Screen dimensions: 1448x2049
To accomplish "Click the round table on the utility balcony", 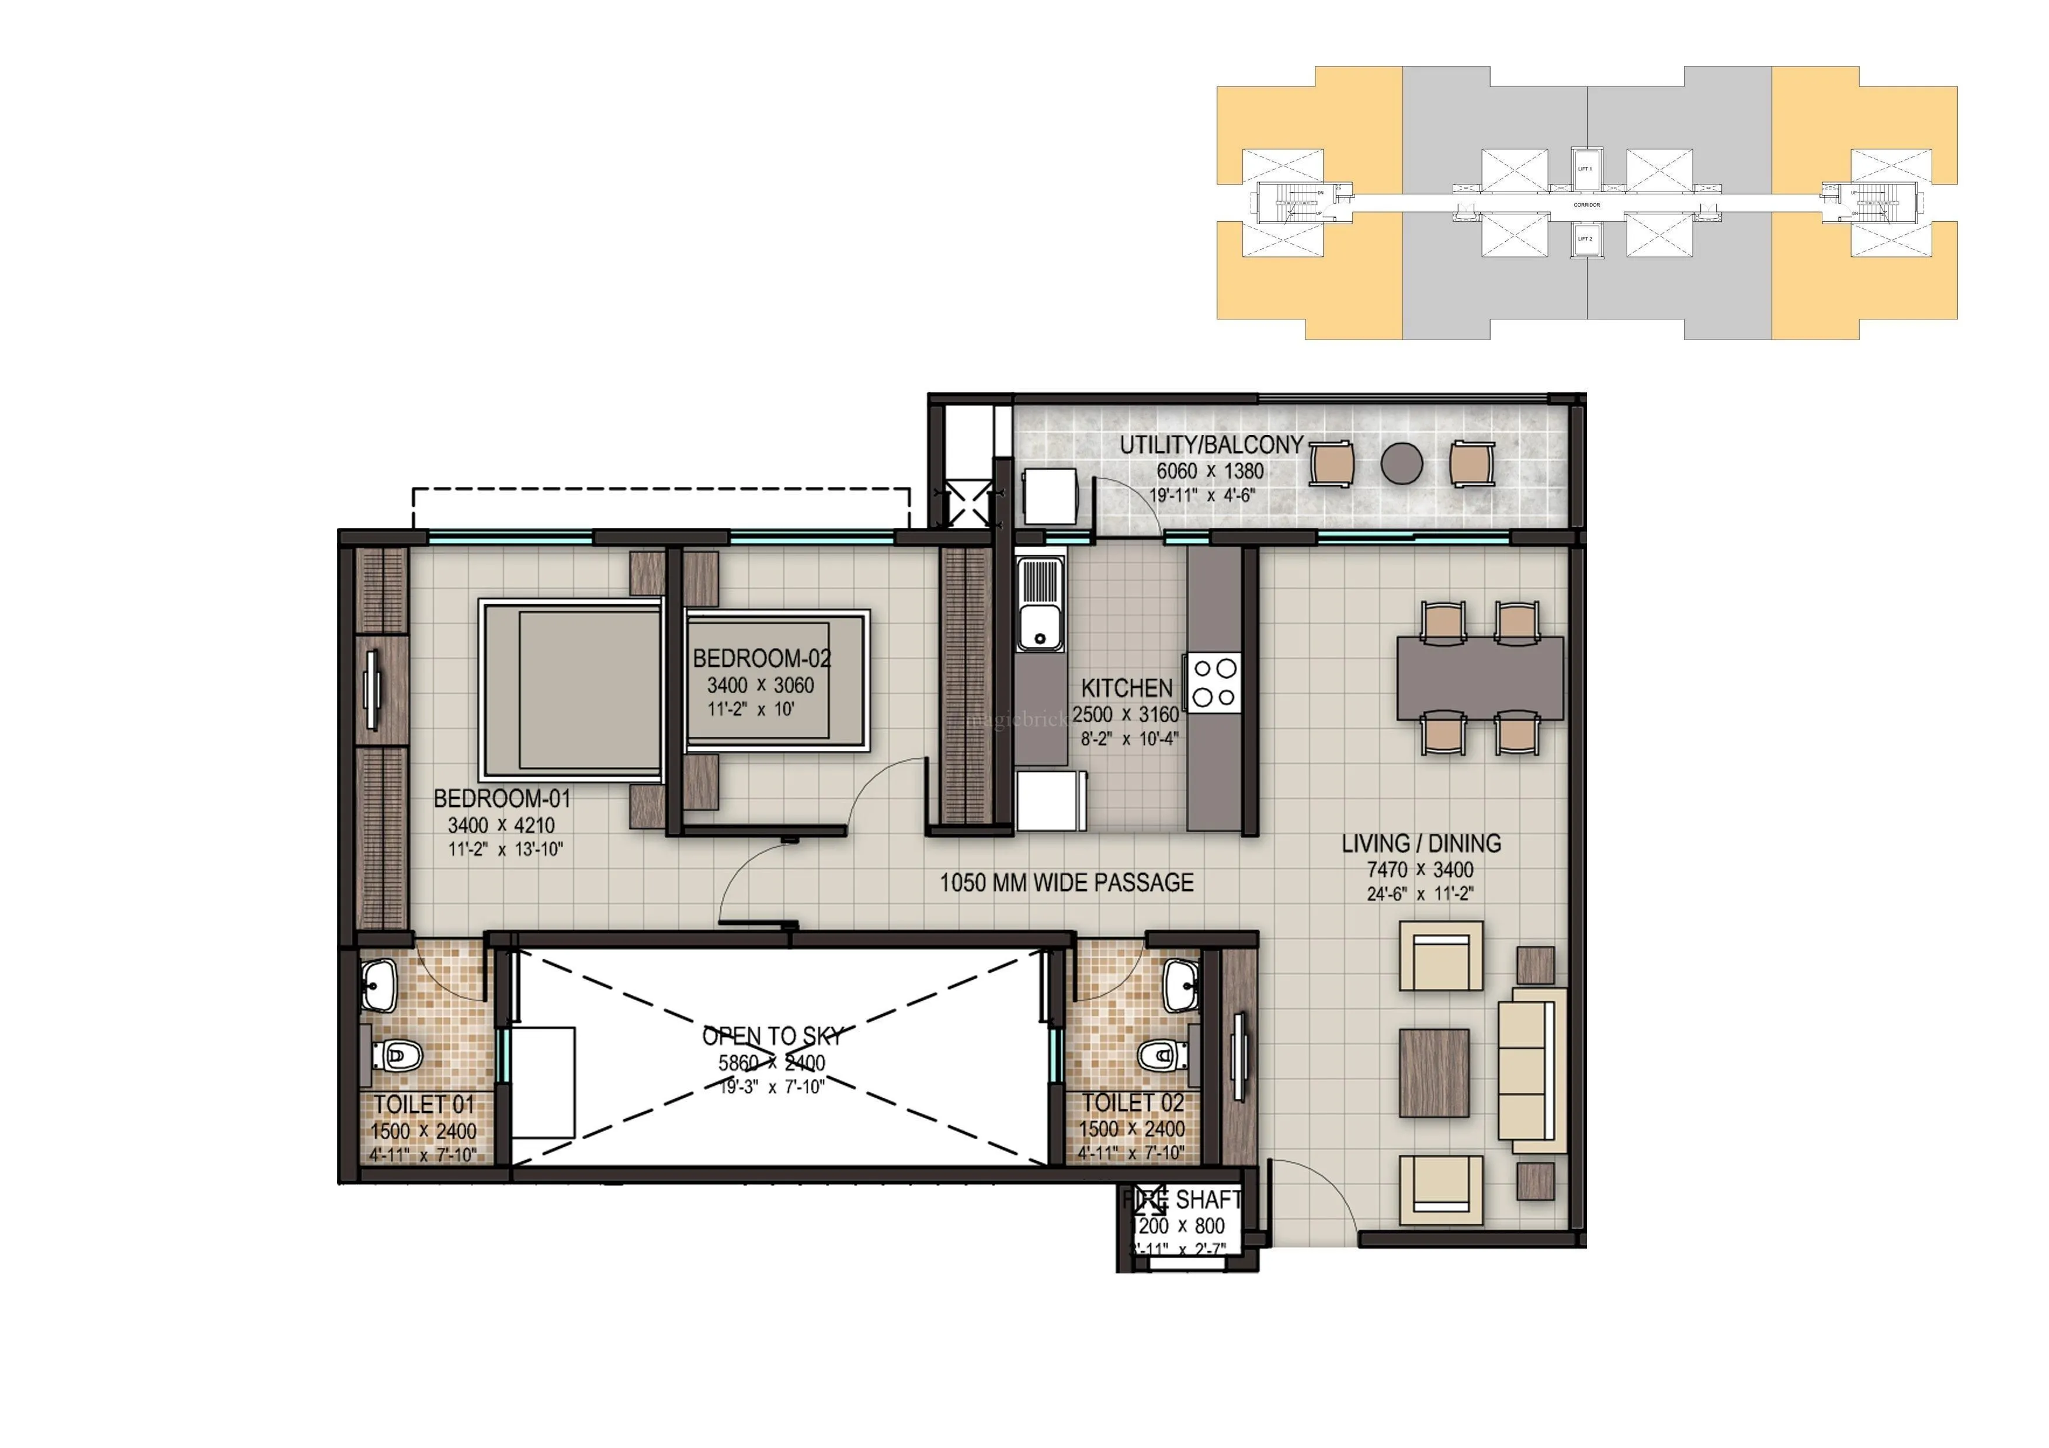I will point(1401,463).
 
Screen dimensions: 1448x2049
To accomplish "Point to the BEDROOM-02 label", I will point(761,659).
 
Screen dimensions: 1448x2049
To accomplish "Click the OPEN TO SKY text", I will point(772,1036).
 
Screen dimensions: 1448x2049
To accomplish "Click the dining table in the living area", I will point(1480,678).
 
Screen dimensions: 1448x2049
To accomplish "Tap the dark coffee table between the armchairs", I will point(1433,1073).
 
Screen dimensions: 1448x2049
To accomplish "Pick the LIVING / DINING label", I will point(1421,843).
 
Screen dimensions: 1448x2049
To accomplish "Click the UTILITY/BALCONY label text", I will point(1211,444).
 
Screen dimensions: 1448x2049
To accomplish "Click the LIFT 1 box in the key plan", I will point(1585,169).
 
